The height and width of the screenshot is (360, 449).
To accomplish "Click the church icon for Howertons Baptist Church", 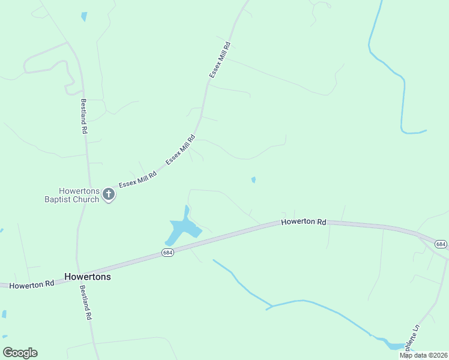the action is pyautogui.click(x=109, y=194).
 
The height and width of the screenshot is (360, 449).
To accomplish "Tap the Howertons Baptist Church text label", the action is pyautogui.click(x=71, y=194).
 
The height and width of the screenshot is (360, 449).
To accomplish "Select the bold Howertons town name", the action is pyautogui.click(x=88, y=278).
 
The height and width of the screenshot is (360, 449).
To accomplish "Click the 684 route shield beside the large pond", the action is pyautogui.click(x=168, y=254).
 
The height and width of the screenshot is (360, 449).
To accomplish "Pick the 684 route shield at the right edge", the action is pyautogui.click(x=441, y=244).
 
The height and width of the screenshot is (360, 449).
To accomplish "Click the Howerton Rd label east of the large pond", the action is pyautogui.click(x=304, y=222).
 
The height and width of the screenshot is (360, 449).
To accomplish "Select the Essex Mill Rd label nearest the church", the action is pyautogui.click(x=137, y=178).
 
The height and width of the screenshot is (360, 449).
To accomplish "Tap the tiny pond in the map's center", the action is pyautogui.click(x=253, y=179).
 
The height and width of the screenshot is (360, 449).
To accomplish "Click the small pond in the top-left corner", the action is pyautogui.click(x=84, y=17).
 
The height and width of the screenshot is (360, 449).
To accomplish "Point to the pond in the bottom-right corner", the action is pyautogui.click(x=394, y=346).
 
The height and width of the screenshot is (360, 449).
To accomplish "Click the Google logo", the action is pyautogui.click(x=20, y=353).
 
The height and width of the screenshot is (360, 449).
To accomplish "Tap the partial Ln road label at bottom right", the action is pyautogui.click(x=412, y=338).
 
